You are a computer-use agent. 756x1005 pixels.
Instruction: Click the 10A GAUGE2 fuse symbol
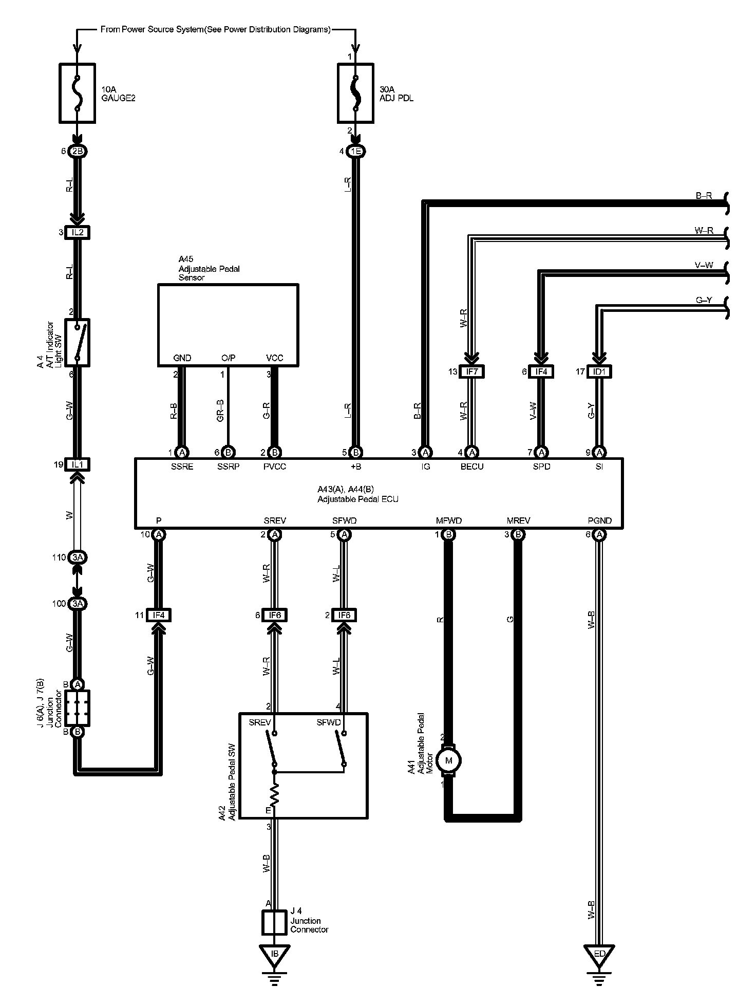click(x=78, y=93)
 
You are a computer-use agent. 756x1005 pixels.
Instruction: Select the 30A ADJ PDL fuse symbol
click(x=355, y=93)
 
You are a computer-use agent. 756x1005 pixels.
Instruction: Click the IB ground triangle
click(x=275, y=954)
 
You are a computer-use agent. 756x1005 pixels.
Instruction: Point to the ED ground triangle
click(x=599, y=954)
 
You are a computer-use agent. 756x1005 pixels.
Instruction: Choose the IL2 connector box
click(x=78, y=233)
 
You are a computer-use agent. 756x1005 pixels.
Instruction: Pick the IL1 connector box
click(x=78, y=464)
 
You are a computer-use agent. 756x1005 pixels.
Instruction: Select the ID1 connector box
click(x=599, y=371)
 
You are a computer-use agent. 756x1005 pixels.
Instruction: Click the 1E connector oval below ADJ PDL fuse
click(x=355, y=152)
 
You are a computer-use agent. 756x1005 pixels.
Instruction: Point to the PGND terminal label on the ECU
click(x=599, y=520)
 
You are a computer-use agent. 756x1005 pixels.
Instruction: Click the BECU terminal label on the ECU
click(x=472, y=467)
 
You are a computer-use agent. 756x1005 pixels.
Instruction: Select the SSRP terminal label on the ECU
click(x=228, y=467)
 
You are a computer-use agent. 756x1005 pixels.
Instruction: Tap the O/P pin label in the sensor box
click(x=228, y=358)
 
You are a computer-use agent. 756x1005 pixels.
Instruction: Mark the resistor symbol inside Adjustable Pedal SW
click(x=275, y=794)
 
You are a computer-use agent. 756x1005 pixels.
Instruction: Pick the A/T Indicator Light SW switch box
click(x=78, y=343)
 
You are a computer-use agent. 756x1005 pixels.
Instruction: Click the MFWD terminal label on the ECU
click(x=449, y=520)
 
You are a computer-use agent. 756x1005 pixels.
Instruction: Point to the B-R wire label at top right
click(x=704, y=196)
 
